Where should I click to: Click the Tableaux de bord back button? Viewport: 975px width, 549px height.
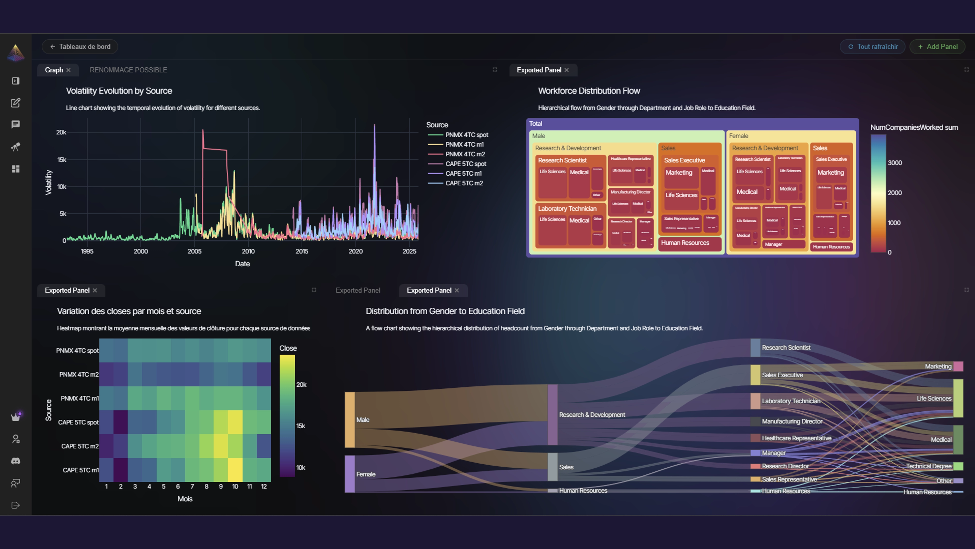[80, 47]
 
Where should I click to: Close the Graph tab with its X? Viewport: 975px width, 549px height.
[69, 70]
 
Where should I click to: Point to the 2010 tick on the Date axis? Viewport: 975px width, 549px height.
[248, 251]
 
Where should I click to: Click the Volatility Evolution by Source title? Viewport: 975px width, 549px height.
[119, 91]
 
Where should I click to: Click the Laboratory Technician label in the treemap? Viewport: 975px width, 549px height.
[567, 208]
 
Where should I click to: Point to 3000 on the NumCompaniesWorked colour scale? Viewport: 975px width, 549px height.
[895, 163]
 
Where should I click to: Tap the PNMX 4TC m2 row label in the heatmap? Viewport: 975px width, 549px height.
[79, 374]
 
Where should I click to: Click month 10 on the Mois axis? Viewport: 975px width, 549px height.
[235, 486]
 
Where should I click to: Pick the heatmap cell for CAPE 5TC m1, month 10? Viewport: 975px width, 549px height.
[235, 470]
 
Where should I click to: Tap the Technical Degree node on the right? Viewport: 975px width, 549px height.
[958, 466]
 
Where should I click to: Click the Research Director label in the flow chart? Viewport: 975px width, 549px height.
[785, 466]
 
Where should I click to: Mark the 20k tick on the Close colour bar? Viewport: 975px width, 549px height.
[301, 385]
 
